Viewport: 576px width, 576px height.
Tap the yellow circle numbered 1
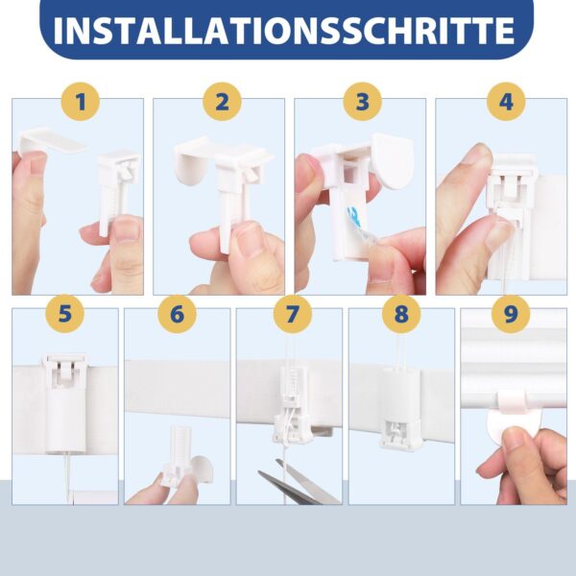pos(81,102)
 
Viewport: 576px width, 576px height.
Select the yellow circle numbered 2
pos(221,102)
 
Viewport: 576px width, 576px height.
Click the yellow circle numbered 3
pos(361,102)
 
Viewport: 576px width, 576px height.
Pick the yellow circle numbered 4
pos(504,102)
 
